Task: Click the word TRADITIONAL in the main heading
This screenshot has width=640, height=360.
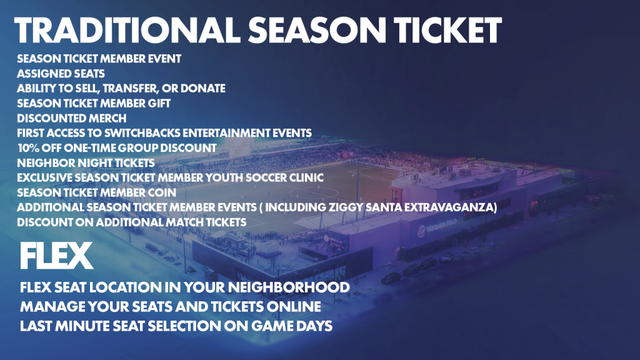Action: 127,31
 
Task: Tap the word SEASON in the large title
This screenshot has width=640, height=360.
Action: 317,31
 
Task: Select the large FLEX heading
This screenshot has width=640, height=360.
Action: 57,256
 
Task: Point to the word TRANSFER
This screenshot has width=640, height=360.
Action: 131,89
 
